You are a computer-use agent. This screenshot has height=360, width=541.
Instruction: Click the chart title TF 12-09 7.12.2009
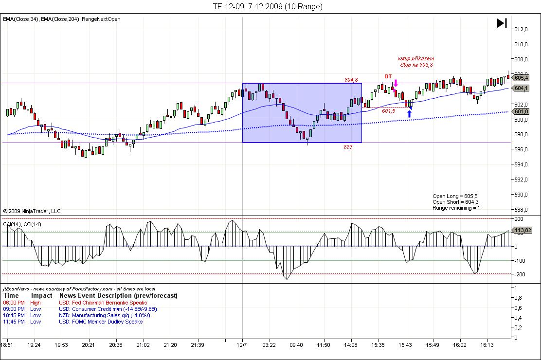pyautogui.click(x=267, y=6)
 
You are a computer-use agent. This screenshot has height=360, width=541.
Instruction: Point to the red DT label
pyautogui.click(x=388, y=76)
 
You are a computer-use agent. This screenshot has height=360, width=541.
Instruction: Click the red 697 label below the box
pyautogui.click(x=348, y=146)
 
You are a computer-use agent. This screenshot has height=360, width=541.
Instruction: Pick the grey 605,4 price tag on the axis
pyautogui.click(x=521, y=78)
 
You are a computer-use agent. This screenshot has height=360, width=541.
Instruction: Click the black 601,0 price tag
pyautogui.click(x=521, y=112)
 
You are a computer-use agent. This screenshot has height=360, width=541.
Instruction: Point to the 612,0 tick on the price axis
pyautogui.click(x=521, y=29)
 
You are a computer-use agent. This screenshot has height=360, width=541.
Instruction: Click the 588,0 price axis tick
pyautogui.click(x=521, y=210)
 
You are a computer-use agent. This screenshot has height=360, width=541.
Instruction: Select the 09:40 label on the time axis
pyautogui.click(x=296, y=345)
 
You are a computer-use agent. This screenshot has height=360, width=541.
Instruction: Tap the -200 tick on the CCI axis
pyautogui.click(x=520, y=274)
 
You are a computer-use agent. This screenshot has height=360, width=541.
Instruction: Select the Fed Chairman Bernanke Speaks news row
pyautogui.click(x=103, y=303)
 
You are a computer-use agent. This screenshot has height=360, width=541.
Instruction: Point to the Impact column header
pyautogui.click(x=41, y=295)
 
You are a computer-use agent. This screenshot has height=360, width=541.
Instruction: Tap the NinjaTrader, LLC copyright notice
pyautogui.click(x=32, y=211)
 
